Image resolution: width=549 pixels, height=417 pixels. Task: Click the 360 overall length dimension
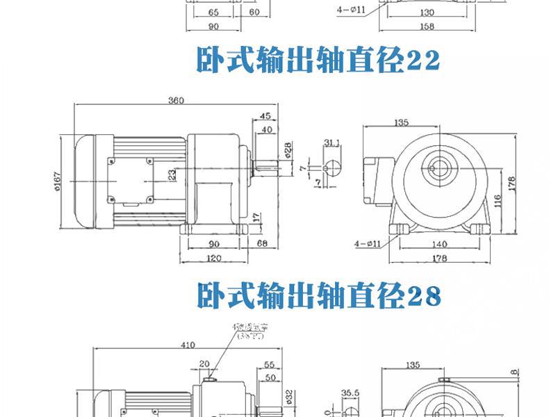[x=175, y=101]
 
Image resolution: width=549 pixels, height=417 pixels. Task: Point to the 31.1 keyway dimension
[x=331, y=143]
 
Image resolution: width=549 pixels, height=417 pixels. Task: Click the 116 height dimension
[x=498, y=202]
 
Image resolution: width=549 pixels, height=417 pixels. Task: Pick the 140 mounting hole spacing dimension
[x=439, y=245]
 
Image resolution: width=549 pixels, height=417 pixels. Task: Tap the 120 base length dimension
[x=213, y=259]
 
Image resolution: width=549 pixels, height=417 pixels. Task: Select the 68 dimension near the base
[x=263, y=245]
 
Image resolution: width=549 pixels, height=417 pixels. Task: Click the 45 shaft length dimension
[x=265, y=115]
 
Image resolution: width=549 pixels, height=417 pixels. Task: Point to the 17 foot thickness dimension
[x=257, y=217]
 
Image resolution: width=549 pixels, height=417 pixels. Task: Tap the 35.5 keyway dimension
[x=350, y=393]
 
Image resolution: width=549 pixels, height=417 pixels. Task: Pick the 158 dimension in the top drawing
[x=427, y=27]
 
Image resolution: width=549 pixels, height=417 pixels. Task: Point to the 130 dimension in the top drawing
[x=427, y=13]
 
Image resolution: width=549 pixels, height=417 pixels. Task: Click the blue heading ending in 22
[x=318, y=61]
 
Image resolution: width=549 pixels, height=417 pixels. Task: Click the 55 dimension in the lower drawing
[x=268, y=363]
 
